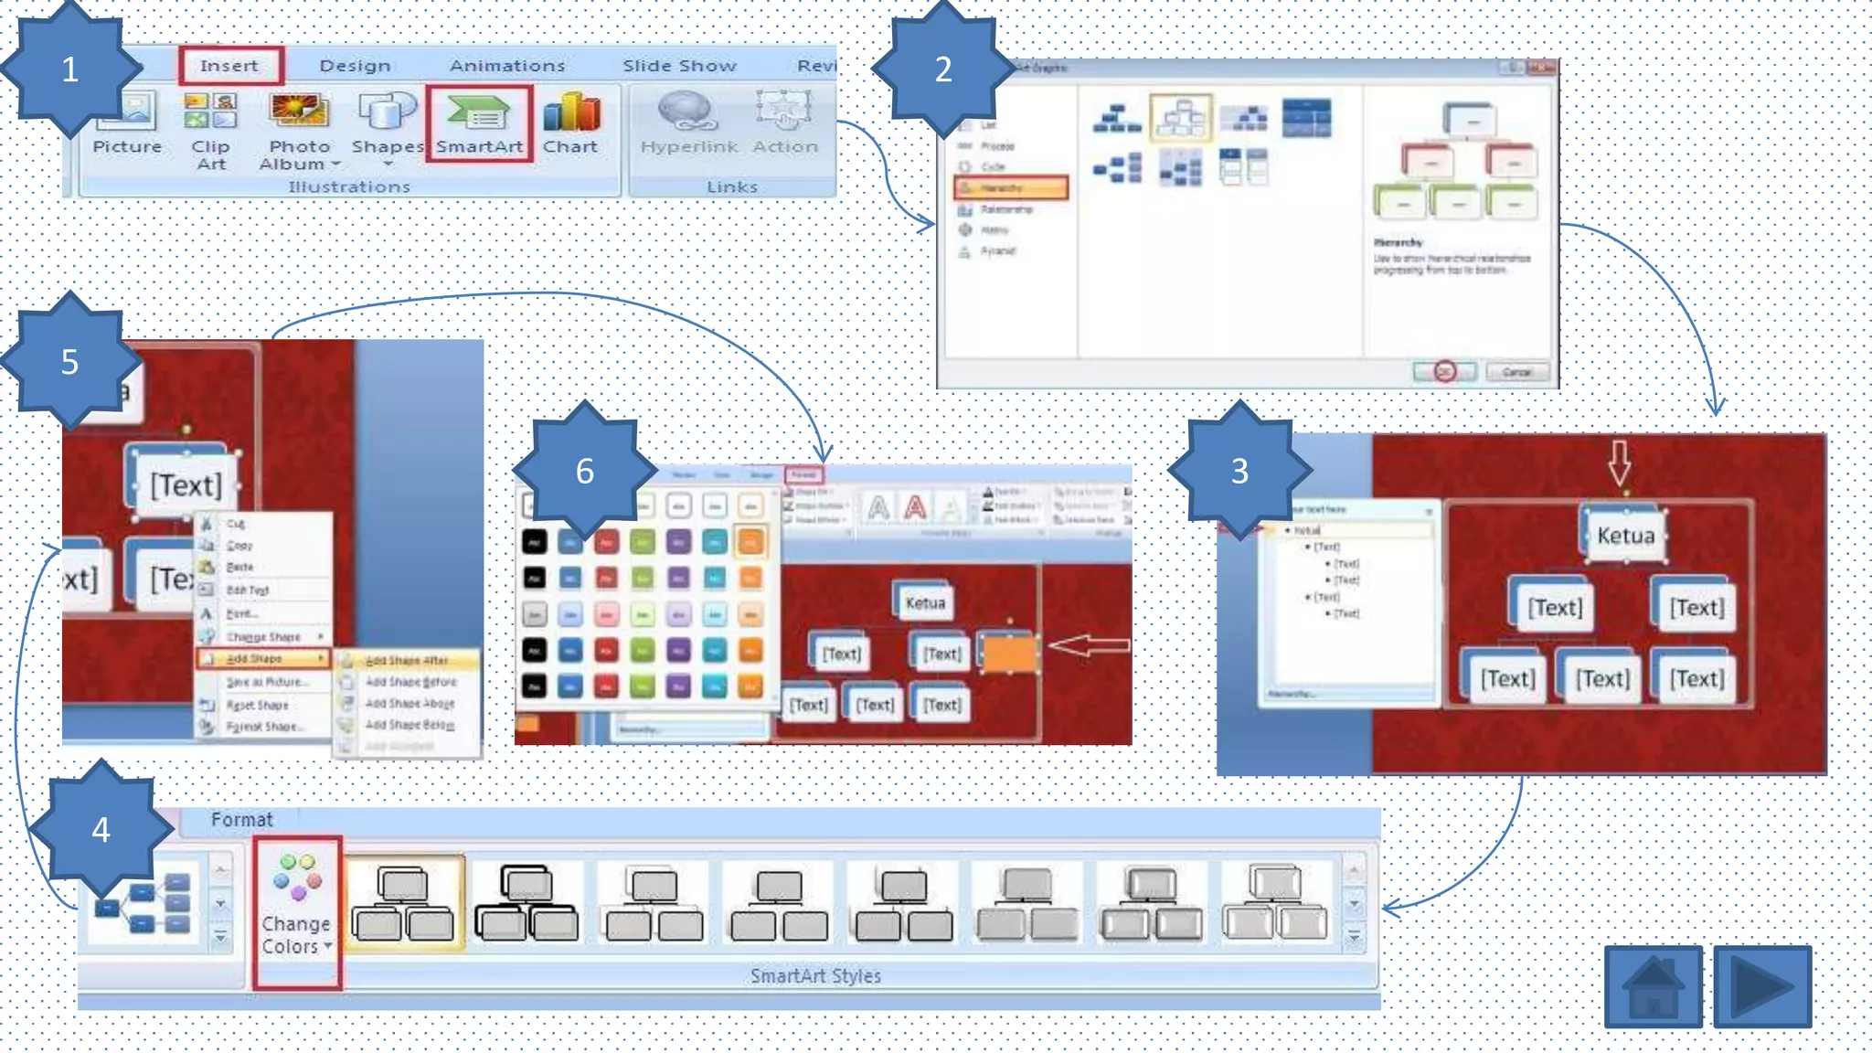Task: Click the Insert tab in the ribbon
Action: click(229, 66)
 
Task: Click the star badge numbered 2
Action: click(943, 69)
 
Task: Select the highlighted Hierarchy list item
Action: click(1011, 188)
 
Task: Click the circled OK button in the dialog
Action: click(1444, 371)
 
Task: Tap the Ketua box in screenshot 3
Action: click(1625, 535)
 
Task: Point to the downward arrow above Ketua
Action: click(1619, 463)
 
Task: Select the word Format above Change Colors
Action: click(241, 820)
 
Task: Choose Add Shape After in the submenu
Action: click(407, 660)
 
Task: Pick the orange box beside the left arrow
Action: click(1009, 653)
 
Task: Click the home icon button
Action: click(1653, 987)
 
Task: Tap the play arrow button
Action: click(1762, 987)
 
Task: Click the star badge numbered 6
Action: click(585, 471)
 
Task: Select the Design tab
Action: click(355, 66)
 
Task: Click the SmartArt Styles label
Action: click(815, 976)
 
